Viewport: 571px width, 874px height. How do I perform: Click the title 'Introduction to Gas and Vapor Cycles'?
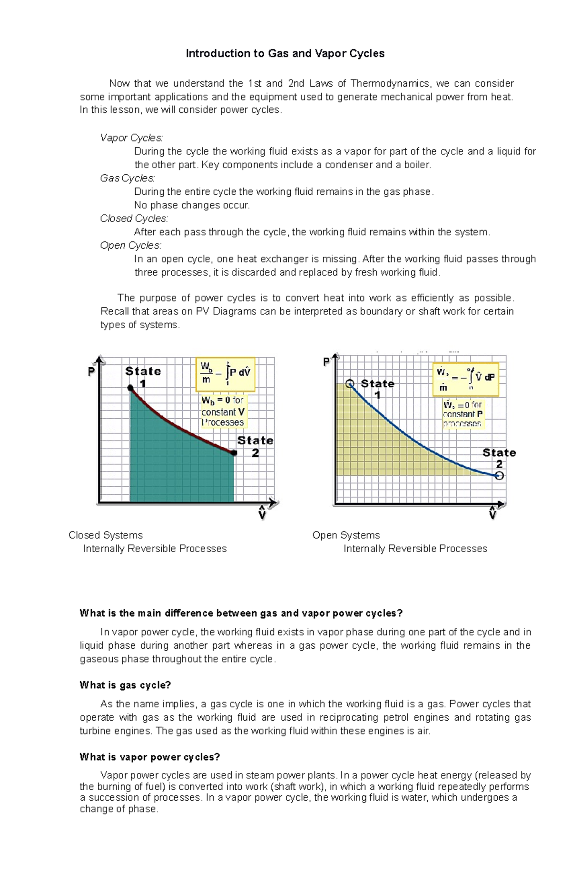click(285, 53)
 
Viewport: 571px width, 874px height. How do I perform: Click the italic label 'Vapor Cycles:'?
click(131, 138)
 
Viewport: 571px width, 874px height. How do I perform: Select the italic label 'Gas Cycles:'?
click(127, 178)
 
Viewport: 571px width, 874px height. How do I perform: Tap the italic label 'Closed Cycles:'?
click(134, 219)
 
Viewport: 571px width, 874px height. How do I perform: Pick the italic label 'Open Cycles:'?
click(130, 246)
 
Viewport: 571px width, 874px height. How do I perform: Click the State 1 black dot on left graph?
click(130, 388)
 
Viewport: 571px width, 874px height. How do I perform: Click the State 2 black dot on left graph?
click(234, 453)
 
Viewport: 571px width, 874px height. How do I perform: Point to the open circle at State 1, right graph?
click(350, 384)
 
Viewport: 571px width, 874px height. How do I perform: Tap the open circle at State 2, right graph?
click(499, 476)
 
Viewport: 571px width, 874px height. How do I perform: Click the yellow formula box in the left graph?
click(226, 374)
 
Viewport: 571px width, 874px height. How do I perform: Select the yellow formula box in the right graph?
click(465, 380)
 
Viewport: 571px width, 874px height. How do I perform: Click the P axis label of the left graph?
click(91, 372)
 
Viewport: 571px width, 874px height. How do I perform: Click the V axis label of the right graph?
click(492, 514)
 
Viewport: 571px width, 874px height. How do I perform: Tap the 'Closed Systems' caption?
click(106, 535)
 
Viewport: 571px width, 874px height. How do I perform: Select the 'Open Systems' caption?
click(346, 535)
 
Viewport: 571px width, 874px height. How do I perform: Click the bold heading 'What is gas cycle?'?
click(125, 685)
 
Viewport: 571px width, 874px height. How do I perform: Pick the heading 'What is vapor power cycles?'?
click(150, 757)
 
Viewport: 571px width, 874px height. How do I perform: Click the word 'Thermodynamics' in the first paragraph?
click(390, 84)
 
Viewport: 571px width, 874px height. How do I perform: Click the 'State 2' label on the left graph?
click(255, 446)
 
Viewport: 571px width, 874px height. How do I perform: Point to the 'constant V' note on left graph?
click(223, 412)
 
